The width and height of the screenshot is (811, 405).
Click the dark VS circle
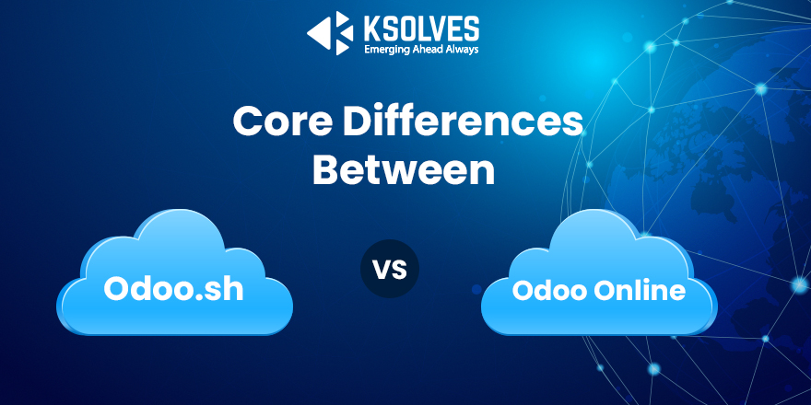[x=390, y=270]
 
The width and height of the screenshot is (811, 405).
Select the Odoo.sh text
[x=173, y=288]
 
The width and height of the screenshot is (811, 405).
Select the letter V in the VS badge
[x=382, y=270]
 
